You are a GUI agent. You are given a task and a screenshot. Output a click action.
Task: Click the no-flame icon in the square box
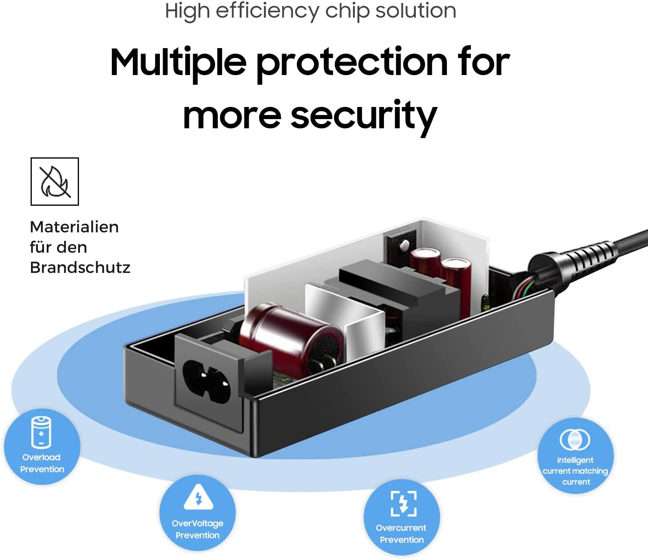(x=55, y=182)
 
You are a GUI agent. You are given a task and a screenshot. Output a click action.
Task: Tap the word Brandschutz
(x=80, y=267)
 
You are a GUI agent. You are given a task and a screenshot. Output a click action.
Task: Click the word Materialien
(x=74, y=227)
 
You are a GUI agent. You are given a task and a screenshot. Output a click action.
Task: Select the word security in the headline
(x=364, y=116)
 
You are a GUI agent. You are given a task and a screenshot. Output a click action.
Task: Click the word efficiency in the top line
(x=268, y=11)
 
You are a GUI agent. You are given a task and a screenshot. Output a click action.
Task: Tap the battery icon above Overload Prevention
(x=41, y=432)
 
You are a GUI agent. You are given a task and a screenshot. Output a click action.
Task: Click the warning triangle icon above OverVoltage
(x=198, y=497)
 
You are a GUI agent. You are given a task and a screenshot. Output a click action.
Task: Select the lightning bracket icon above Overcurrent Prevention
(x=403, y=503)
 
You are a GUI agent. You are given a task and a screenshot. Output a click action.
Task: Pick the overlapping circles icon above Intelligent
(x=575, y=440)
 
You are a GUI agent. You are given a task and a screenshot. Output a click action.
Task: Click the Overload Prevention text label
(x=42, y=463)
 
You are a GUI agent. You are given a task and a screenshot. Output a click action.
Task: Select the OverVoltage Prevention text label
(x=198, y=529)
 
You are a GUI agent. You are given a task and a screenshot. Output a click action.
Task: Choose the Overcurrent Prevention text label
(x=401, y=533)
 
